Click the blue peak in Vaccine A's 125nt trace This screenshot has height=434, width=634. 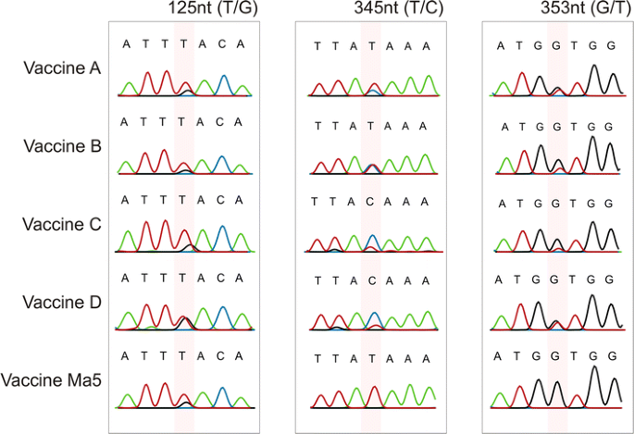tap(223, 80)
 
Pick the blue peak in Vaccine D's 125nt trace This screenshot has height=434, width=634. tap(222, 311)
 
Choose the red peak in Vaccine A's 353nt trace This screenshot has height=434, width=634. tap(523, 80)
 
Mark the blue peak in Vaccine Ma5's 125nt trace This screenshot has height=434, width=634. tap(223, 391)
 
